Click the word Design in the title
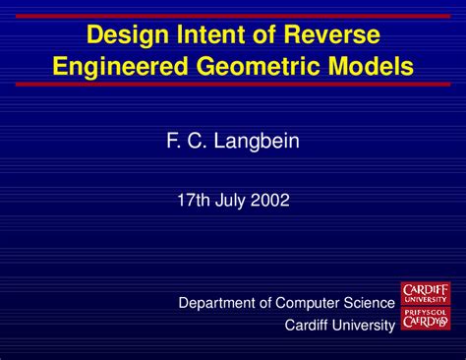pyautogui.click(x=123, y=36)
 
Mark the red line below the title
pyautogui.click(x=233, y=86)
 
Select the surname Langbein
pyautogui.click(x=257, y=142)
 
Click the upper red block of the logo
pyautogui.click(x=426, y=292)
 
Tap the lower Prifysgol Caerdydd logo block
pyautogui.click(x=426, y=317)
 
